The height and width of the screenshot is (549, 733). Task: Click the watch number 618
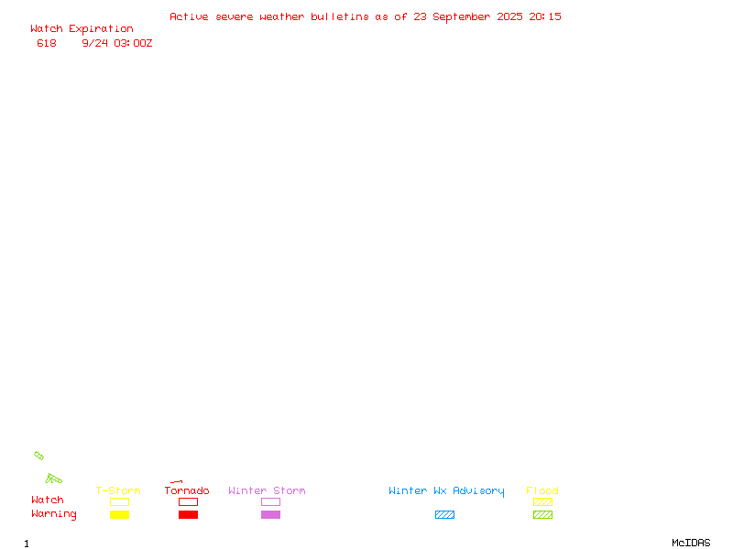pos(47,43)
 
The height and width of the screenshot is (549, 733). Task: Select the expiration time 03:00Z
pos(133,43)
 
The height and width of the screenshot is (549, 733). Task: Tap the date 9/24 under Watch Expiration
pos(95,43)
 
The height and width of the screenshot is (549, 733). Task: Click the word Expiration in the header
pos(101,29)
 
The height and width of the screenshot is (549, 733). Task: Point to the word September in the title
pos(462,17)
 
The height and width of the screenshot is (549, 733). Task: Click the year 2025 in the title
pos(509,16)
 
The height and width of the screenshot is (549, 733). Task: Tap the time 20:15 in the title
pos(545,16)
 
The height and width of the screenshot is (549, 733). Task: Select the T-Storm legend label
pos(118,490)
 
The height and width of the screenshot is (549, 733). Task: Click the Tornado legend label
pos(187,490)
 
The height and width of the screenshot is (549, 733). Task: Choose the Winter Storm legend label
pos(267,490)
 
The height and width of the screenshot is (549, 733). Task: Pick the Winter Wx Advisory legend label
pos(446,491)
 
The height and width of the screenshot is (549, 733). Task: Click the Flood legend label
pos(542,490)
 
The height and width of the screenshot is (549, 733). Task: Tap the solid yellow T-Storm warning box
pos(120,514)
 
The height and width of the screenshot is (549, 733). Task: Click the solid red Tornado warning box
pos(189,514)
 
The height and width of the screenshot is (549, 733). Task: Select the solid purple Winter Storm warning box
pos(270,514)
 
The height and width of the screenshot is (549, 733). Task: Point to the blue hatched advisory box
pos(444,514)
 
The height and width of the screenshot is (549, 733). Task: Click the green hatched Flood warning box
pos(542,514)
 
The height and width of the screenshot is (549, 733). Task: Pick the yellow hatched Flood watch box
pos(542,501)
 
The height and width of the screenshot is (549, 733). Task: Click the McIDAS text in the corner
pos(691,543)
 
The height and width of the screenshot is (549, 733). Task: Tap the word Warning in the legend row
pos(54,514)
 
